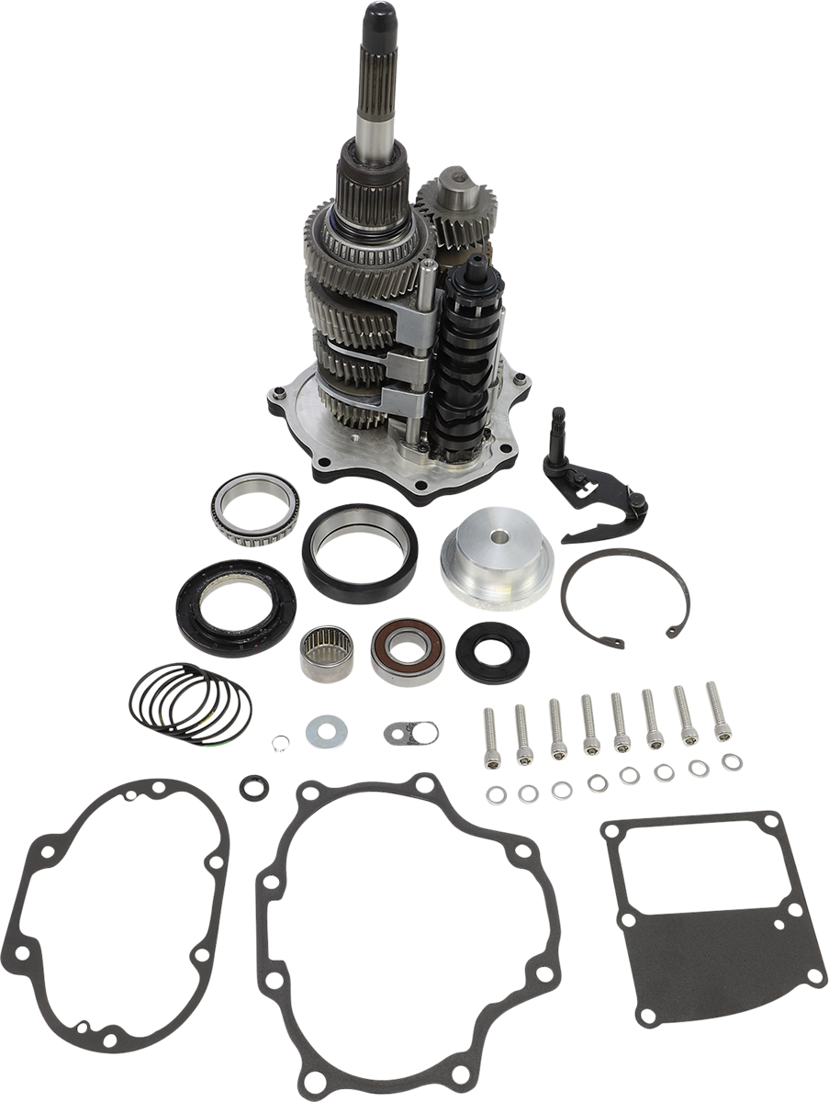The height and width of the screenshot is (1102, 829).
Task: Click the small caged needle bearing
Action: [327, 653]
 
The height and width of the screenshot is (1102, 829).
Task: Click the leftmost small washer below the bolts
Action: [497, 793]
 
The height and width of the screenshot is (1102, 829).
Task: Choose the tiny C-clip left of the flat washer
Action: [279, 740]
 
